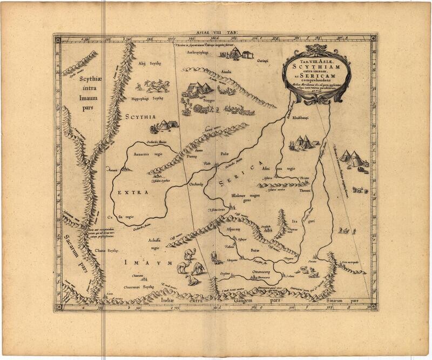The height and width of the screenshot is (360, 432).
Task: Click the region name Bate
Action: (x=255, y=251)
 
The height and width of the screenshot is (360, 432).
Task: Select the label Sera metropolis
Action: (x=351, y=263)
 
